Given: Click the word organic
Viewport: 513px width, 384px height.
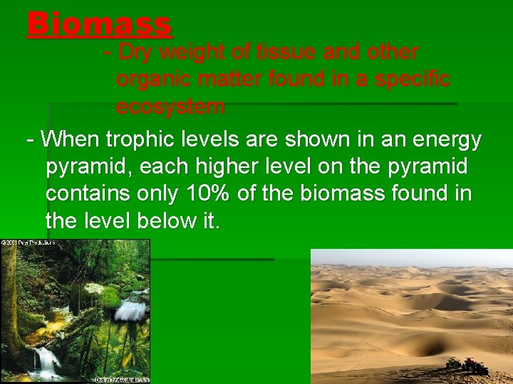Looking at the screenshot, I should (x=153, y=80).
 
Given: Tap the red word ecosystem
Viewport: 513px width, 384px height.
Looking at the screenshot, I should (x=171, y=107).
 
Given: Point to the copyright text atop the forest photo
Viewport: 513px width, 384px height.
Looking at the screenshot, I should (x=28, y=243).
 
